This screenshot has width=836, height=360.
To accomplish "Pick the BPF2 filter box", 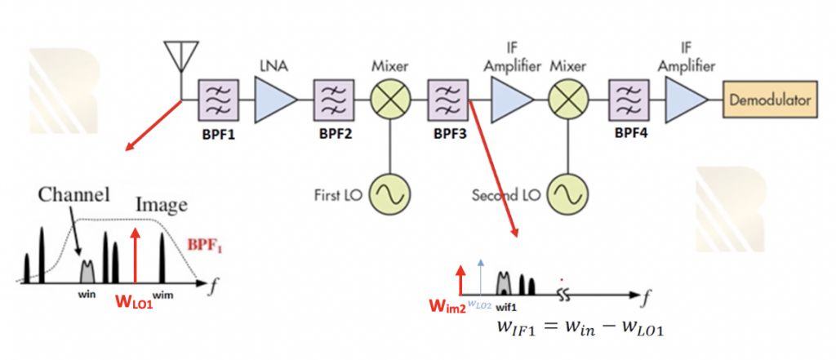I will pos(334,100).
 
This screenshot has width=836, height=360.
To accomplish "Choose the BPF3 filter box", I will pos(448,100).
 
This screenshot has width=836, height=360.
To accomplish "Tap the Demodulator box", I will pos(770,100).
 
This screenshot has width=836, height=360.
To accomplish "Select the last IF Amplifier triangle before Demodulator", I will pos(686,100).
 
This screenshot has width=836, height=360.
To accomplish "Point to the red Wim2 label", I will pos(446,307).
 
